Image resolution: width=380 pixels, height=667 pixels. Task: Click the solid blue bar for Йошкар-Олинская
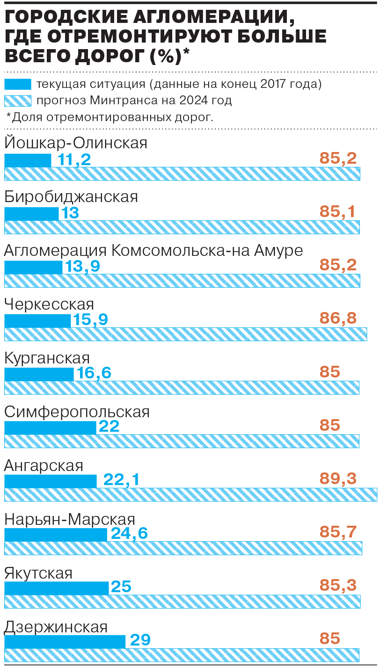click(x=28, y=160)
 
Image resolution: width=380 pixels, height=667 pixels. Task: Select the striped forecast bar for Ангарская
click(x=190, y=494)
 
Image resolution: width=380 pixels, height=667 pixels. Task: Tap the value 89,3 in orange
click(x=338, y=478)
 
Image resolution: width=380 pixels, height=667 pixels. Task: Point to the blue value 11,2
click(x=74, y=159)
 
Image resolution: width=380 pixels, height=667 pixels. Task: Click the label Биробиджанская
click(x=71, y=196)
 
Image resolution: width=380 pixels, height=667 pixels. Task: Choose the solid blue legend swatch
click(x=18, y=85)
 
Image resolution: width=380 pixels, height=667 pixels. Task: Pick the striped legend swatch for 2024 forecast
click(x=18, y=101)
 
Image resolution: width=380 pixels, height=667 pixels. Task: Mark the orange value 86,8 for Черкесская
click(x=338, y=319)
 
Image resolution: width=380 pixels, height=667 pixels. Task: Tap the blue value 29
click(x=140, y=640)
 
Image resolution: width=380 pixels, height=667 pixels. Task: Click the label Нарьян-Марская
click(x=70, y=519)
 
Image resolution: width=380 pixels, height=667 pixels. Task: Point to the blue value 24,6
click(x=130, y=533)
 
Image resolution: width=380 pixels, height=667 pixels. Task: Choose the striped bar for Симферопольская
click(x=182, y=441)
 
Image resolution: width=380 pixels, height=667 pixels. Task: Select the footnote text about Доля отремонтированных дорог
click(x=110, y=117)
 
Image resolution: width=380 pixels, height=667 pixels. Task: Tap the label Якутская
click(x=38, y=573)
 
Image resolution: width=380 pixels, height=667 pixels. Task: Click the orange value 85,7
click(x=338, y=532)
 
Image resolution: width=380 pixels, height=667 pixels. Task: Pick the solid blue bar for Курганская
click(x=39, y=374)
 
